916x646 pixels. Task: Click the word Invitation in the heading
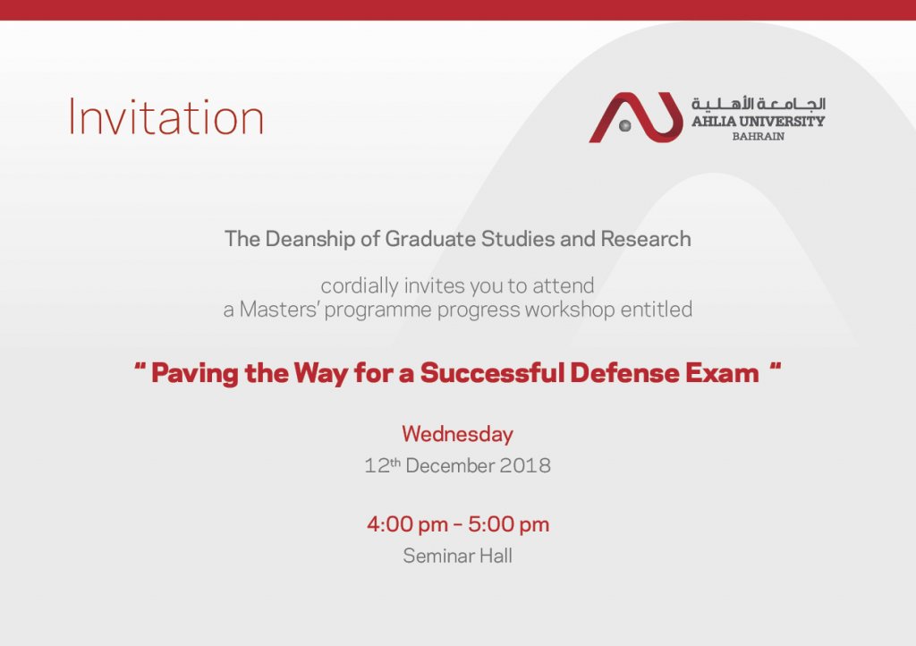(165, 117)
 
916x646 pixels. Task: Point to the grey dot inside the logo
(625, 125)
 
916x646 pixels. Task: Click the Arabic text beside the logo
(759, 104)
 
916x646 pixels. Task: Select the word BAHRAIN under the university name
(759, 137)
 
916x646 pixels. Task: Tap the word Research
(646, 239)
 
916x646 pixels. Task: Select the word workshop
(570, 310)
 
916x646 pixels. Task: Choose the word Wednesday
(457, 435)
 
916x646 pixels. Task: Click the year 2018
(525, 465)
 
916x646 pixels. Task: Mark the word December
(451, 465)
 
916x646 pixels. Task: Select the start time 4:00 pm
(407, 524)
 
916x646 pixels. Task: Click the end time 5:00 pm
(508, 524)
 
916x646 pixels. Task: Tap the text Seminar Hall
(457, 556)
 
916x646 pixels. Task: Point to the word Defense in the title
(624, 373)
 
